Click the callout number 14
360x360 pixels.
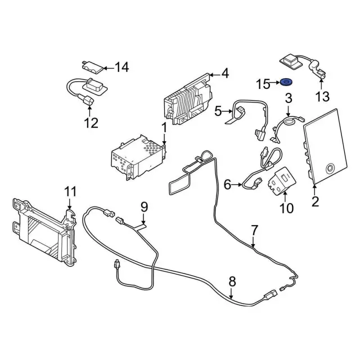point(121,67)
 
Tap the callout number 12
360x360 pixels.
point(91,122)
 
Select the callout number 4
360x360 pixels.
point(225,73)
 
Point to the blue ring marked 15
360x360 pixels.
point(285,82)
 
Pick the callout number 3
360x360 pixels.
point(289,98)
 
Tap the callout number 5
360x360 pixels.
point(219,111)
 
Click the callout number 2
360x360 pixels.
point(315,201)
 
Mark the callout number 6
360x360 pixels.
point(228,184)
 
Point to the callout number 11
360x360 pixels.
point(69,192)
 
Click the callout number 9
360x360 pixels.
point(144,206)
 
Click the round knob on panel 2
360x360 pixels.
point(330,166)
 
